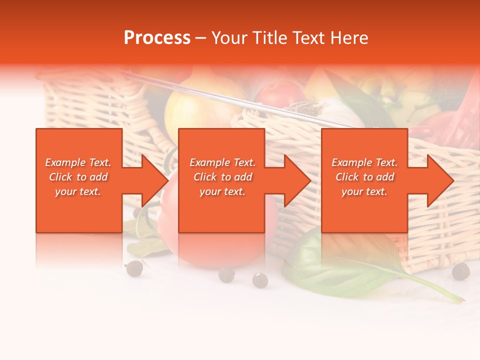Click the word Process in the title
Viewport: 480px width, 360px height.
pos(157,38)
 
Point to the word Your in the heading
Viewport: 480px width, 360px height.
pos(230,38)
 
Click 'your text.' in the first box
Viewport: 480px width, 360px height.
pos(78,191)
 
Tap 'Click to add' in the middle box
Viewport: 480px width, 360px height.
pos(222,177)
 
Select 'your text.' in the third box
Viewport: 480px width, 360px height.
pos(364,191)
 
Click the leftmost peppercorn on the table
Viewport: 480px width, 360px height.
pos(134,268)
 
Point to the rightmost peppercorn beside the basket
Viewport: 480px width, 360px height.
pos(460,271)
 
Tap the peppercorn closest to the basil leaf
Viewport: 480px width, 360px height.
pos(260,280)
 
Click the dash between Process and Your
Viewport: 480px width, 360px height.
pos(200,38)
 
